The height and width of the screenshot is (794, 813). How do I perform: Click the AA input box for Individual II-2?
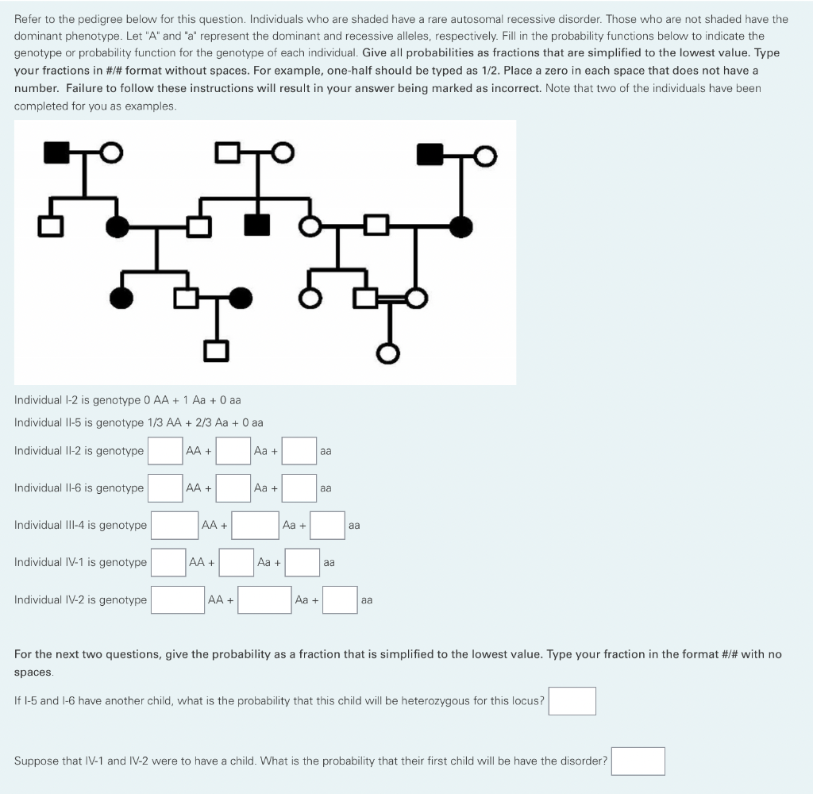(x=165, y=450)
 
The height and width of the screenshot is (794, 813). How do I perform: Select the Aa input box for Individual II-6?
(x=233, y=488)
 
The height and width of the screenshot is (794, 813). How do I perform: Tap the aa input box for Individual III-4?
(x=327, y=525)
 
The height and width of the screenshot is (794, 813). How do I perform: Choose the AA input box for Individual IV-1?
(x=168, y=562)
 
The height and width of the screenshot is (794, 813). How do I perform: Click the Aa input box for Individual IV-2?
(x=264, y=599)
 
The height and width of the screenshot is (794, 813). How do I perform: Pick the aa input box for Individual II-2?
(x=299, y=450)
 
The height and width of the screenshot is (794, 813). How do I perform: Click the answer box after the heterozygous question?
(x=572, y=700)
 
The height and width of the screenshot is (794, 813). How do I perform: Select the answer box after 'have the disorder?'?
(x=638, y=761)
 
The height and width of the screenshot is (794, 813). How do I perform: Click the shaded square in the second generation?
(x=256, y=226)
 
